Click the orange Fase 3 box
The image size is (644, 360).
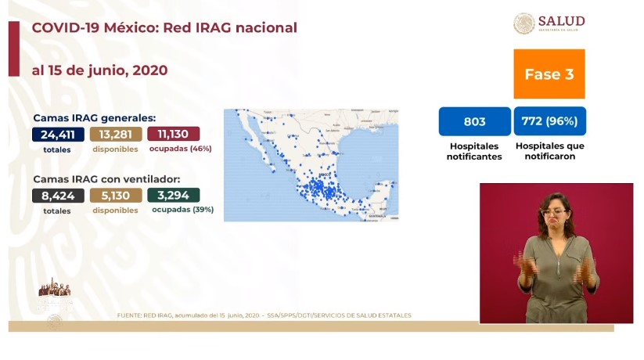coord(549,74)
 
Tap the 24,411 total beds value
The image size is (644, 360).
coord(58,134)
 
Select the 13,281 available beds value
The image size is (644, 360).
coord(116,134)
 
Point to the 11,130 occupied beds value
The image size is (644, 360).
coord(173,134)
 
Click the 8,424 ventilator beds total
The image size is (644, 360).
coord(58,196)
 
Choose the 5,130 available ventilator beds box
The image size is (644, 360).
coord(116,196)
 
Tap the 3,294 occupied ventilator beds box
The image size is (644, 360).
coord(173,196)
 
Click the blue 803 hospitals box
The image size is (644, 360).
coord(474,121)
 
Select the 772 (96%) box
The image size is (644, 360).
coord(549,121)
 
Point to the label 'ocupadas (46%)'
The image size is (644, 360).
coord(180,149)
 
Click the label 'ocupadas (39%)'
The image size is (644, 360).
coord(182,210)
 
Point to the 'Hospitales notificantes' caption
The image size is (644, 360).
coord(474,151)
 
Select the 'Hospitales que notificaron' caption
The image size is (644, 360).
coord(549,151)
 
